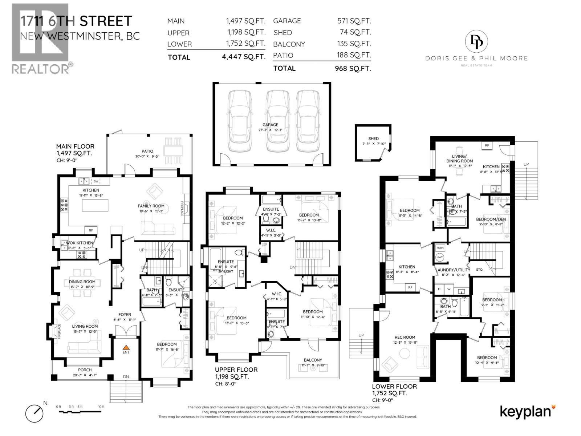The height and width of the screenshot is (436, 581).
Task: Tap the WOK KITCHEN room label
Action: point(80,243)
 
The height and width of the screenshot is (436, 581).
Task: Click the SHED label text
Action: point(373,138)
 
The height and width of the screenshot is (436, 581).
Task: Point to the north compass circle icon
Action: point(34,413)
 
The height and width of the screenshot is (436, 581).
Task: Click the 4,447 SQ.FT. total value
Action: point(243,57)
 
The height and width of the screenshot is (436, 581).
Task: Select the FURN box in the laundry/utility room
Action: point(440,248)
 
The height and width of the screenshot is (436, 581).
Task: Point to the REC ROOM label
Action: point(405,337)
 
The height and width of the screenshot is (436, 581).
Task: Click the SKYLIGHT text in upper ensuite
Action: point(226,271)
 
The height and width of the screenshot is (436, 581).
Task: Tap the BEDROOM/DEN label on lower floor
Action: point(491,219)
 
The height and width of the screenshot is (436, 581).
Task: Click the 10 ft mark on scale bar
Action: point(101,407)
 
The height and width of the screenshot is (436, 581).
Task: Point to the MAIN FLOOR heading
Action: point(75,146)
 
